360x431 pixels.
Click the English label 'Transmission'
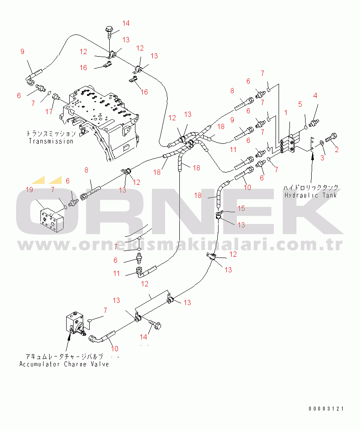tap(51, 141)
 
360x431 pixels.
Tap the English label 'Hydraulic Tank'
tap(310, 195)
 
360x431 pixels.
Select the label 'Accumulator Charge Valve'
tap(64, 364)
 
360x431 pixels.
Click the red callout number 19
tap(29, 190)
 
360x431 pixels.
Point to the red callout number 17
tap(49, 112)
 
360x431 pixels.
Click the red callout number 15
tap(241, 208)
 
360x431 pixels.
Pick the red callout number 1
tap(286, 112)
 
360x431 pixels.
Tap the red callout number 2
tap(336, 149)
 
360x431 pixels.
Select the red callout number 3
tap(323, 158)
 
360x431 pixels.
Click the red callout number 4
tap(315, 95)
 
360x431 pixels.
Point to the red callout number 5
tap(300, 104)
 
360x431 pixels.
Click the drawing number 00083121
tap(326, 409)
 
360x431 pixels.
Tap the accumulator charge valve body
tap(75, 323)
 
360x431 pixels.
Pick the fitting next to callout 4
tap(314, 123)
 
